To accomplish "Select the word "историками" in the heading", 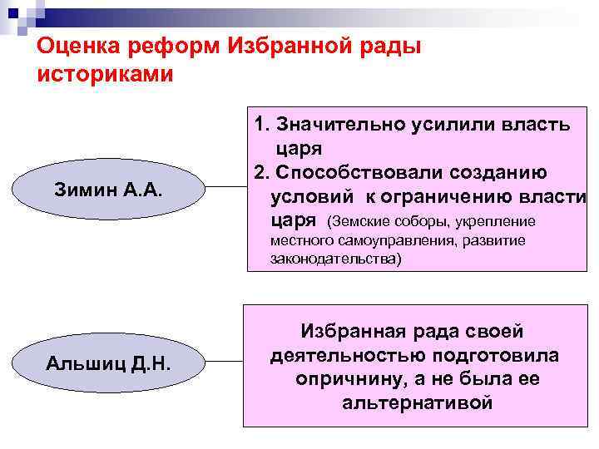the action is click(106, 75).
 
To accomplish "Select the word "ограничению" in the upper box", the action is click(466, 197).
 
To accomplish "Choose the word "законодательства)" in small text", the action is click(335, 259).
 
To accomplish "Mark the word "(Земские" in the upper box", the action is click(355, 222).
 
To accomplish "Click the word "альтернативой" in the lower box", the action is click(417, 403).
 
